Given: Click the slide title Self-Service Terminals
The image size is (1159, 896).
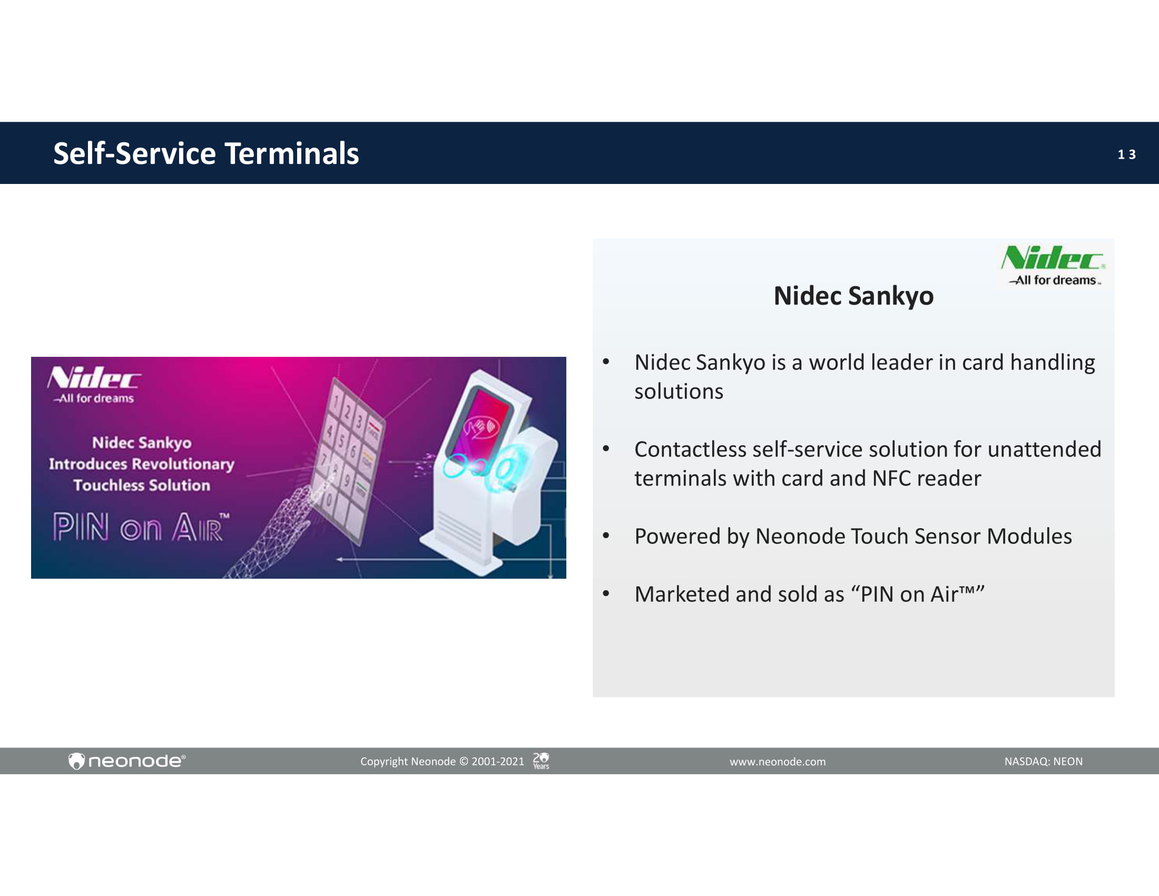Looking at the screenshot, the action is coord(206,153).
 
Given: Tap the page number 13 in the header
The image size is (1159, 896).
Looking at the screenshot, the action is coord(1126,154).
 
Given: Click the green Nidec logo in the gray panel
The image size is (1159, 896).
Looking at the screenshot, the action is coord(1054,265).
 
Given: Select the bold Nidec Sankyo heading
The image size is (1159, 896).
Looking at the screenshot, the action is coord(853,296).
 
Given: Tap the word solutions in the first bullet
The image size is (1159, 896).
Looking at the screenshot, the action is coord(679,392).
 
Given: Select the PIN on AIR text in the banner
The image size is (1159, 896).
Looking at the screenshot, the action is coord(141,527).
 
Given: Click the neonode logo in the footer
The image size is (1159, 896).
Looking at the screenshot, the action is coord(127,761).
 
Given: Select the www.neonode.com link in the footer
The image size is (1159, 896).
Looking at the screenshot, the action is coord(778,762).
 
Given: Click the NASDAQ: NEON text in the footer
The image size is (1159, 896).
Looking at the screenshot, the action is coord(1043,761).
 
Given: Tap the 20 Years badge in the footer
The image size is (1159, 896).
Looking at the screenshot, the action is coord(541,761).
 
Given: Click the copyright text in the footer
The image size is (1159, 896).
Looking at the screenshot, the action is coord(442,762).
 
